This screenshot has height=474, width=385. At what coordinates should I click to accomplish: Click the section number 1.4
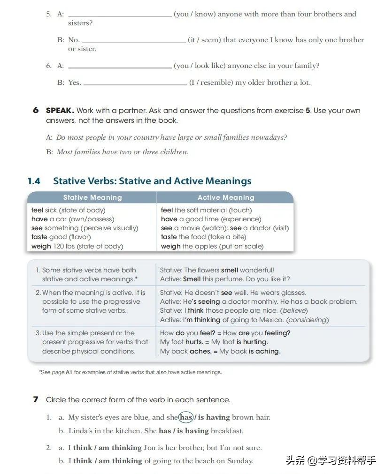[x=34, y=181]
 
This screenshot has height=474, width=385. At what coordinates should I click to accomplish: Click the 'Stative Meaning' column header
[x=92, y=197]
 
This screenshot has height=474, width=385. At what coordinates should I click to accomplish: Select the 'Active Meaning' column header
[x=226, y=197]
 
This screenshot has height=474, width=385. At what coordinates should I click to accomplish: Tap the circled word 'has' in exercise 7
[x=186, y=417]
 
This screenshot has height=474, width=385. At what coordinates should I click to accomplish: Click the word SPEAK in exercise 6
[x=60, y=111]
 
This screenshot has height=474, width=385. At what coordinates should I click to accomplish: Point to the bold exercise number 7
[x=36, y=399]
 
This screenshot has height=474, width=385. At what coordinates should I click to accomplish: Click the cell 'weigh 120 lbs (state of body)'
[x=77, y=246]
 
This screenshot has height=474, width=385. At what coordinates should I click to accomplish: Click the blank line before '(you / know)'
[x=120, y=15]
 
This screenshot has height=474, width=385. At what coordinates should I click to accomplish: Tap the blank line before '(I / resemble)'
[x=135, y=83]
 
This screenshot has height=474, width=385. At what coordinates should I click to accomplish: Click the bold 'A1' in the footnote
[x=69, y=372]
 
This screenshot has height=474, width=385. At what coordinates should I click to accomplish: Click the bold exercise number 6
[x=36, y=110]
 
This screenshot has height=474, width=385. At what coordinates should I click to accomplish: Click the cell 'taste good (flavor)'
[x=61, y=237]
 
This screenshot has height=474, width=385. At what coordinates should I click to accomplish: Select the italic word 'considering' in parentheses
[x=308, y=320]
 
